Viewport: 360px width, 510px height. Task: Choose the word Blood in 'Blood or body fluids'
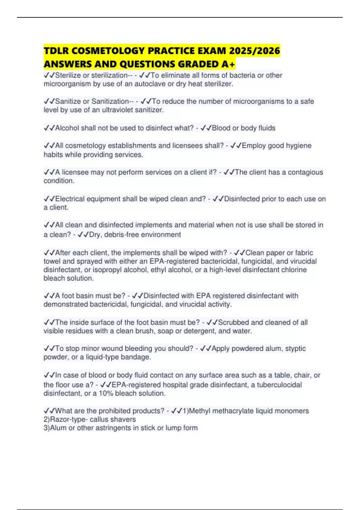pyautogui.click(x=221, y=128)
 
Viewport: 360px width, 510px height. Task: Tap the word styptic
pyautogui.click(x=295, y=349)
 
